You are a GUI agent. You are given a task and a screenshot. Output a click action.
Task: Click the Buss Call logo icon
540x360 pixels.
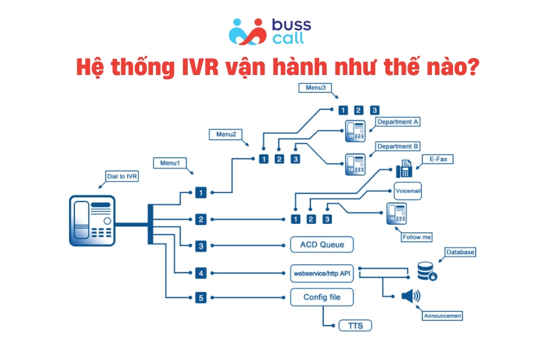pyautogui.click(x=247, y=31)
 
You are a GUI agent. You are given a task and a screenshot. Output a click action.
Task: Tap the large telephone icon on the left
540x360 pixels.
pyautogui.click(x=92, y=220)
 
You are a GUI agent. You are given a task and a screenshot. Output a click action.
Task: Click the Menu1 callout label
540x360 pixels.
pyautogui.click(x=170, y=162)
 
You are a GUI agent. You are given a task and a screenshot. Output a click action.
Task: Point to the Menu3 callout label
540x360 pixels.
pyautogui.click(x=315, y=88)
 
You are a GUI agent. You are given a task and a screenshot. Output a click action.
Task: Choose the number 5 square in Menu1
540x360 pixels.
pyautogui.click(x=201, y=297)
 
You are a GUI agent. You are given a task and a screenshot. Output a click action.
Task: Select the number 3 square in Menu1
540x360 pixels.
pyautogui.click(x=201, y=245)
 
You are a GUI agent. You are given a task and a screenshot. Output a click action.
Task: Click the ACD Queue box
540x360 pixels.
pyautogui.click(x=322, y=245)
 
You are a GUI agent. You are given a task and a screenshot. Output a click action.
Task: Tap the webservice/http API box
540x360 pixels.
pyautogui.click(x=322, y=273)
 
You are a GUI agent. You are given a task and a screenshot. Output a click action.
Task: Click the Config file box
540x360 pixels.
pyautogui.click(x=322, y=297)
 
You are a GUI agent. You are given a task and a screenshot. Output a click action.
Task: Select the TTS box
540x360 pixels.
pyautogui.click(x=355, y=326)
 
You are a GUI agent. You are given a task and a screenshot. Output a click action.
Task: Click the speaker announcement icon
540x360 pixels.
pyautogui.click(x=411, y=296)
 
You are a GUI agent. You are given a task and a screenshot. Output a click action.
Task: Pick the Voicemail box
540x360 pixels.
pyautogui.click(x=409, y=191)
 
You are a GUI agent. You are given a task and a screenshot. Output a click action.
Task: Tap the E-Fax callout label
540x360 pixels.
pyautogui.click(x=437, y=159)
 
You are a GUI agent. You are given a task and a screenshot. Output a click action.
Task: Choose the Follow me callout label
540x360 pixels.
pyautogui.click(x=416, y=237)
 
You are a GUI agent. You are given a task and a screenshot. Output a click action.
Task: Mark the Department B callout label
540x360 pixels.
pyautogui.click(x=398, y=146)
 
